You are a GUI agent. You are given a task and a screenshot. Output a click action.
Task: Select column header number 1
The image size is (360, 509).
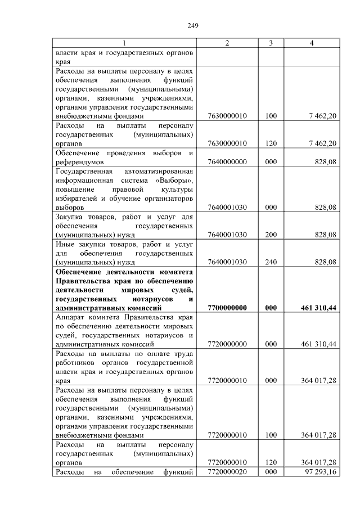click(124, 43)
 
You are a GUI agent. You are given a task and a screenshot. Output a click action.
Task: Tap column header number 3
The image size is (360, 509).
click(271, 43)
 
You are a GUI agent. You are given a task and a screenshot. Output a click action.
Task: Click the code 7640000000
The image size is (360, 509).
click(227, 162)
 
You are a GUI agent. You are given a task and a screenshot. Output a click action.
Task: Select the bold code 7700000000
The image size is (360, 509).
click(227, 308)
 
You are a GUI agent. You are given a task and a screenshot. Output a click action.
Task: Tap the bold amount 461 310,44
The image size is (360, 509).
click(318, 308)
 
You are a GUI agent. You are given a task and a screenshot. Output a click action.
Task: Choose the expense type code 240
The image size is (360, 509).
click(271, 262)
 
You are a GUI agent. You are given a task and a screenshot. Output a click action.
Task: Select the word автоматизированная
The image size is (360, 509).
click(159, 171)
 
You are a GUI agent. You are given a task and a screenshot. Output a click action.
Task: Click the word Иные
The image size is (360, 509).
click(65, 244)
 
